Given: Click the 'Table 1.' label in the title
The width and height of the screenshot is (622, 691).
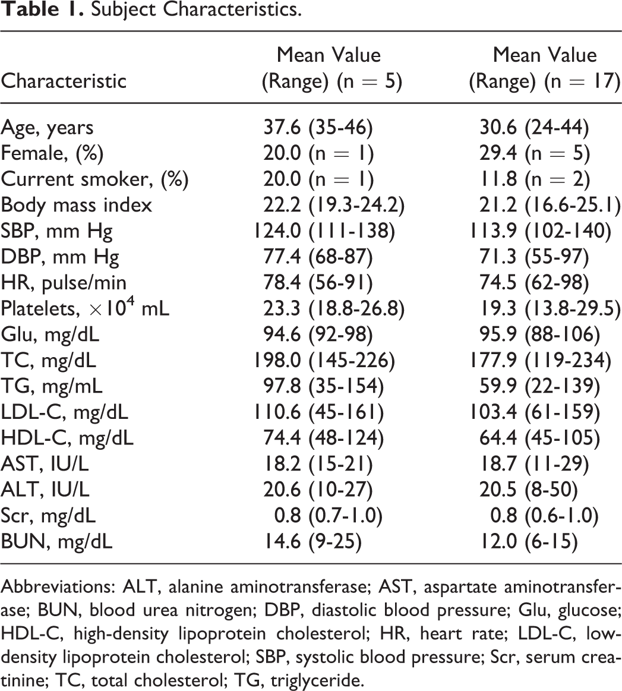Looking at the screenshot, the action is pos(42,10).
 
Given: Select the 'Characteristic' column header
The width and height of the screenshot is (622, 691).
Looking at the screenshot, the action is pos(64,81).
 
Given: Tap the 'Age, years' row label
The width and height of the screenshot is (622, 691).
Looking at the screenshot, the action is pos(47,128).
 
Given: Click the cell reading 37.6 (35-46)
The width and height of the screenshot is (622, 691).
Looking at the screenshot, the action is pos(318,127).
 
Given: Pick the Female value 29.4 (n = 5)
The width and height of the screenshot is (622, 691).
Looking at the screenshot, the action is pos(534,153).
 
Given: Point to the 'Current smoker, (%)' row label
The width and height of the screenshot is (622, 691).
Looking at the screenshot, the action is pos(94,179).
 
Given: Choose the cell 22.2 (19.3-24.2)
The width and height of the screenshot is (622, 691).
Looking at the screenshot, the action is pos(334,205).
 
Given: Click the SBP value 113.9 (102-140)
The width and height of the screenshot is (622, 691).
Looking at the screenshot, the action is pos(540,231).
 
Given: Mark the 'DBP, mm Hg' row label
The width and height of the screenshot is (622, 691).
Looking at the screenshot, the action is pos(60,257).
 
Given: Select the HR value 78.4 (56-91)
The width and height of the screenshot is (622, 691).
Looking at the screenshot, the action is pos(318,282).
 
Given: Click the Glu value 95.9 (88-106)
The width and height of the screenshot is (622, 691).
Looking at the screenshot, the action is pos(539,335).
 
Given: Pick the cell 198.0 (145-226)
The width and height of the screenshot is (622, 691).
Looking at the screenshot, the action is pos(324,361).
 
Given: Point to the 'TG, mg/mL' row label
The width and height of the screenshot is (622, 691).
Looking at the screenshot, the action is pos(52,386).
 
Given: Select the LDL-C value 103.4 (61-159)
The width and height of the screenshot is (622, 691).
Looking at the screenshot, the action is pos(534,412).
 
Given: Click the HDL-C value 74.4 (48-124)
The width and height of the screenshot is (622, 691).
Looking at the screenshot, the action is pos(324,438).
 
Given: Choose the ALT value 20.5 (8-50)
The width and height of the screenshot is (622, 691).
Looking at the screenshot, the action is pos(529,490).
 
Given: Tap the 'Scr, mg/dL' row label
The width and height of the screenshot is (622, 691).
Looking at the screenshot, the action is pos(48,516).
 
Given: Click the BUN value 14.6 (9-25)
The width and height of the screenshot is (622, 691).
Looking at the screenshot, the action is pos(312,542).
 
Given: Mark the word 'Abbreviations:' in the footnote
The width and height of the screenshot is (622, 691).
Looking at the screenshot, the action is pos(59,588).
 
